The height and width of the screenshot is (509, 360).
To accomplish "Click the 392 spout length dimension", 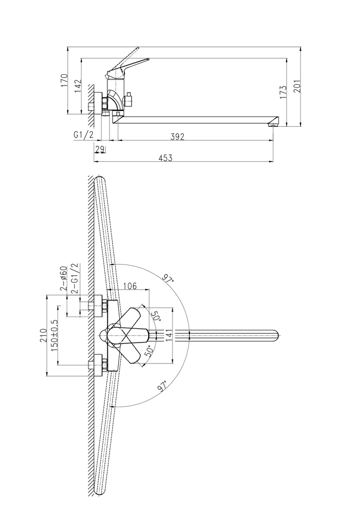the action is click(178, 136).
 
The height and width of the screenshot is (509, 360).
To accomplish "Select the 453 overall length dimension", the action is click(165, 158).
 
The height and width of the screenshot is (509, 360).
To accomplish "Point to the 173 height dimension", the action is click(283, 92).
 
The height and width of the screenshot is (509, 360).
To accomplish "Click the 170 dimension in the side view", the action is click(64, 80).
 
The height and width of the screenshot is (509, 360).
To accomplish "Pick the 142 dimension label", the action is click(78, 86).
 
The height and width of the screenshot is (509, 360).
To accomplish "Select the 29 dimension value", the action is click(99, 149).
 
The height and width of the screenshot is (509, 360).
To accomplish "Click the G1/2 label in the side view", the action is click(84, 135).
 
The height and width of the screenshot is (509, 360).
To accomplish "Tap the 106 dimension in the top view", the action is click(130, 286).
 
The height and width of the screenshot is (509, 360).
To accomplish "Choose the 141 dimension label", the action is click(168, 335).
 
